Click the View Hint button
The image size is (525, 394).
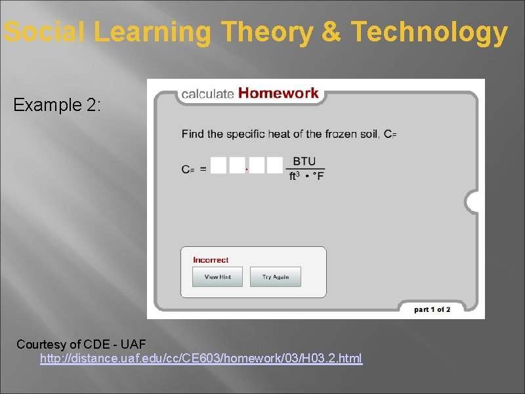217,277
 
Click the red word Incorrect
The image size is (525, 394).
211,260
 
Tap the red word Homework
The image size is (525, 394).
278,93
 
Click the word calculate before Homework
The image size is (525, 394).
207,94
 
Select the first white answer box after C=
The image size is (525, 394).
219,165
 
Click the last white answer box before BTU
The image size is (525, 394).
275,165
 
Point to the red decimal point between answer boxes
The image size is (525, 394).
247,169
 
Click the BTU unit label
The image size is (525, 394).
304,161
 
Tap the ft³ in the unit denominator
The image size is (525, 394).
296,176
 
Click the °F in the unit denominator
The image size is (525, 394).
318,176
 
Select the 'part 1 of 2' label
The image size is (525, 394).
432,309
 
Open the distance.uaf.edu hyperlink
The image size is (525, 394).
201,359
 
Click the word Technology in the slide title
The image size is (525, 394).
429,32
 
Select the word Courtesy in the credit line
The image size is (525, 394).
41,344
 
